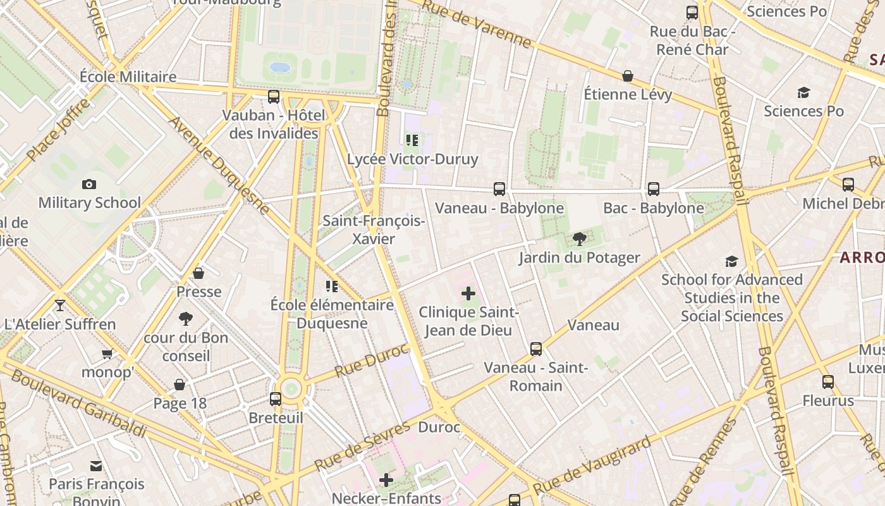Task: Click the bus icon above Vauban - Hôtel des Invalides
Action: (x=274, y=97)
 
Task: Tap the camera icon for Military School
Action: (x=89, y=184)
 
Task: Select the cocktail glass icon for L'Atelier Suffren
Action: (x=60, y=305)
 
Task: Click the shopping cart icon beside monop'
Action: (x=107, y=354)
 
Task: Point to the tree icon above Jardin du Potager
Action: (x=579, y=238)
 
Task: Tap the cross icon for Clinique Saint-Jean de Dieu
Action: (x=468, y=293)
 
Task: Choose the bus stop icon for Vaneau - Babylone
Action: (x=499, y=188)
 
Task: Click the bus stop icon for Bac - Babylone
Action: (x=654, y=188)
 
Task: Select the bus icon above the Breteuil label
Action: (x=276, y=399)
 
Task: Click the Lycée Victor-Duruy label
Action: (x=412, y=159)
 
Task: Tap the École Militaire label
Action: (x=128, y=77)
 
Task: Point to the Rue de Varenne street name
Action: (x=477, y=24)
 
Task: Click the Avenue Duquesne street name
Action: (x=219, y=164)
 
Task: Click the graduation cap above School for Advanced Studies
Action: (x=731, y=261)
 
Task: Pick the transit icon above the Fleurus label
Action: (x=828, y=382)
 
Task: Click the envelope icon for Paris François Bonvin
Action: (x=96, y=466)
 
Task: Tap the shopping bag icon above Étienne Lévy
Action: (x=628, y=76)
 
